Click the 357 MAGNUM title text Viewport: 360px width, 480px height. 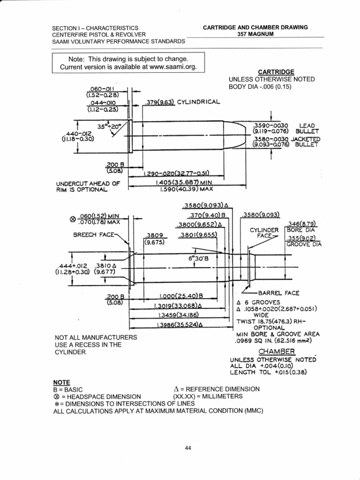point(255,34)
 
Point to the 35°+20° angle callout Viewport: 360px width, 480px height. point(109,127)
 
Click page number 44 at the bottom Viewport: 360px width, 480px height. point(188,448)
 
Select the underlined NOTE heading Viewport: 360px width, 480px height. point(63,382)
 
